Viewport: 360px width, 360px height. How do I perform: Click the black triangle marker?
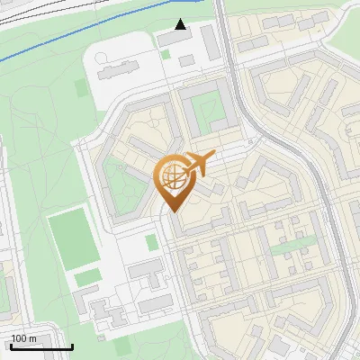(x=181, y=24)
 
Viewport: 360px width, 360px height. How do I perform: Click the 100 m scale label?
(x=22, y=338)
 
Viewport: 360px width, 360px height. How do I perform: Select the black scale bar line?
(x=41, y=346)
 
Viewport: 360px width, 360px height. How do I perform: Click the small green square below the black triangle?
(x=166, y=54)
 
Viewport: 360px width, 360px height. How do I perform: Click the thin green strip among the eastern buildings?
(x=289, y=246)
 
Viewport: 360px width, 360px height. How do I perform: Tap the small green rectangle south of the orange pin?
(x=152, y=242)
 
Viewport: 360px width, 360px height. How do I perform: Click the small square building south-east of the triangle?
(x=186, y=60)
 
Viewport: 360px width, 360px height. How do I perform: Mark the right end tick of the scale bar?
(x=72, y=346)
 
